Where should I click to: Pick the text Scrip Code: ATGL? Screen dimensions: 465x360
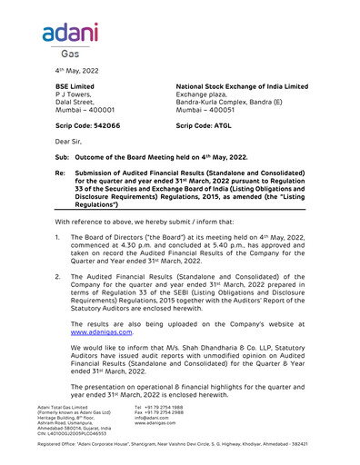pos(204,124)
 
